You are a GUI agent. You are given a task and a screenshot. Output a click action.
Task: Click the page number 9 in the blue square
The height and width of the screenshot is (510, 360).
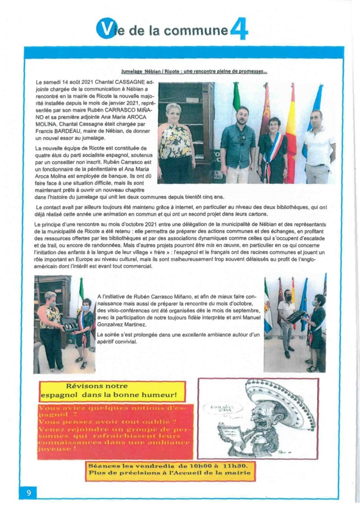coord(28,493)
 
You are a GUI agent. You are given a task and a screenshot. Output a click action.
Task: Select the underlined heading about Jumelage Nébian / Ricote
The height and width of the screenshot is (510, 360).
coord(194,71)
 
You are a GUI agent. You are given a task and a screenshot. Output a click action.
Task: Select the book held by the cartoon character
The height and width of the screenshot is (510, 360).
coord(230,432)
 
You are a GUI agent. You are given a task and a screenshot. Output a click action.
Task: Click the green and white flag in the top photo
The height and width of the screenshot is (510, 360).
coord(236,97)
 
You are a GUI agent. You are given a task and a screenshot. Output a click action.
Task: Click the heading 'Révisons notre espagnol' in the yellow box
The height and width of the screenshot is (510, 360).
coord(112,391)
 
